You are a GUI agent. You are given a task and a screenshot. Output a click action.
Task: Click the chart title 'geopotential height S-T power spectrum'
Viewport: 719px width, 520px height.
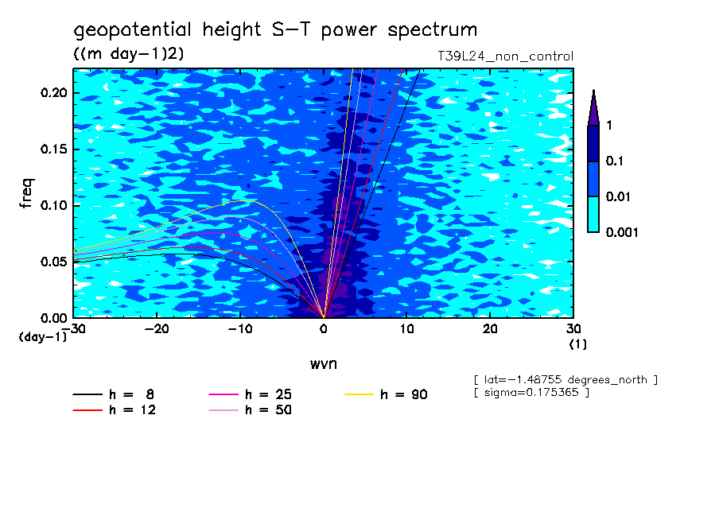point(275,30)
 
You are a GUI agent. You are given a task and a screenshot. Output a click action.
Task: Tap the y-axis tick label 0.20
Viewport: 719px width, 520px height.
point(53,92)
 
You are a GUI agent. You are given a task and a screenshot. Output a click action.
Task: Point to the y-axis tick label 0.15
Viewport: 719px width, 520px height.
point(53,149)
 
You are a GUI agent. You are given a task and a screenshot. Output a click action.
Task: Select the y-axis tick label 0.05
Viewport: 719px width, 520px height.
point(53,262)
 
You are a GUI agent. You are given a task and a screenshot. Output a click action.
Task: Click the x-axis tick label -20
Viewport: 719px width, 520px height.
point(157,329)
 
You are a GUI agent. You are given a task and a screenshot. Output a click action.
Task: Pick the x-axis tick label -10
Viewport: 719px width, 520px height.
point(240,329)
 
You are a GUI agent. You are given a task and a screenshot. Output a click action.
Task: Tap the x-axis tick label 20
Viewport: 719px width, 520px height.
point(490,329)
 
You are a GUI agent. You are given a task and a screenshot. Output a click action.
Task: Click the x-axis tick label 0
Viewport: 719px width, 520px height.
point(324,329)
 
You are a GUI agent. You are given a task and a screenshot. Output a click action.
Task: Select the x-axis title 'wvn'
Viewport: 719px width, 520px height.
point(324,364)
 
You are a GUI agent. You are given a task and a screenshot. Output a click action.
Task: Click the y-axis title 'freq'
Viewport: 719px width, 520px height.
point(26,193)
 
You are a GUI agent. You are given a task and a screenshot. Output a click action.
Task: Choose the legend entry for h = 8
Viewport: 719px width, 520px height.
point(113,394)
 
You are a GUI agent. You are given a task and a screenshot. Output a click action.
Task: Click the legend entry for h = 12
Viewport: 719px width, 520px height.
point(115,409)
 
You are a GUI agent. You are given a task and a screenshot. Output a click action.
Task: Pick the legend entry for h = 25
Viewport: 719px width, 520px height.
point(250,394)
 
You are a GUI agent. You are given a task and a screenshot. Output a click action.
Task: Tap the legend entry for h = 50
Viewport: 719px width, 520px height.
point(250,409)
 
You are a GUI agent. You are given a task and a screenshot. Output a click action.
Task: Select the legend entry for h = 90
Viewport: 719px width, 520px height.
point(386,394)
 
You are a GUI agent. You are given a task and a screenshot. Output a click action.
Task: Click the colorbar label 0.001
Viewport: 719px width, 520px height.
point(622,232)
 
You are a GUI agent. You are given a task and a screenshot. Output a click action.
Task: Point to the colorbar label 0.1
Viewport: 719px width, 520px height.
point(615,161)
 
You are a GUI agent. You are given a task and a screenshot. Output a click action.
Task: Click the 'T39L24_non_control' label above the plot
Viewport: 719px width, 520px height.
point(505,56)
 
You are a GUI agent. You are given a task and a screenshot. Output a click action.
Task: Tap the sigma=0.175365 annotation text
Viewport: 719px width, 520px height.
point(531,392)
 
